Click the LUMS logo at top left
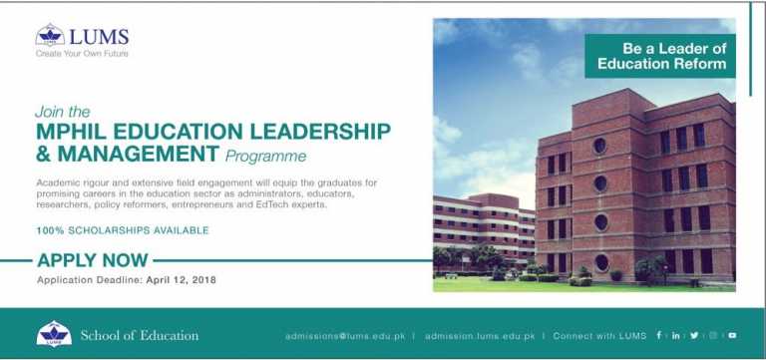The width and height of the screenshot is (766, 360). coord(83,37)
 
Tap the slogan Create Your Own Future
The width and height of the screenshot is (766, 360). coord(83,54)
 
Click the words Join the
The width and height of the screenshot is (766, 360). coord(62,112)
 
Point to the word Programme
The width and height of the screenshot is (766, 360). coord(265,157)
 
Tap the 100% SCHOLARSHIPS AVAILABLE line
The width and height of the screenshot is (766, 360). coord(123,230)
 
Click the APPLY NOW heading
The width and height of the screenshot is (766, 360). coord(94,261)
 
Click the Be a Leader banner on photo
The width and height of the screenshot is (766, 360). coord(660,55)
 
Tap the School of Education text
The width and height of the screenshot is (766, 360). coord(140,335)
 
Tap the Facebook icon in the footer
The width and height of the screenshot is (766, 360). coord(659,335)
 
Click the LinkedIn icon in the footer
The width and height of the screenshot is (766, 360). coord(675,335)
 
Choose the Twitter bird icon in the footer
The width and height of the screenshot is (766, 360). coord(693,335)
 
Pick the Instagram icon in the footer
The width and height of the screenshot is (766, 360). coord(712,335)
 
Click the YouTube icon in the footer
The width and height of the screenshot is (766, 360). coord(731,335)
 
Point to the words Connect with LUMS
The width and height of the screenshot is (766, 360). coord(599,336)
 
